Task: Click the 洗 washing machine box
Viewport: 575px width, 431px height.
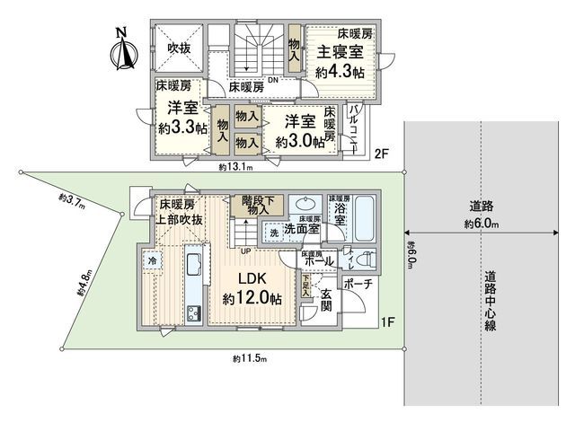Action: (x=274, y=233)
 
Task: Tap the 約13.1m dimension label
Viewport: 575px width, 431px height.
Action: (x=236, y=167)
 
